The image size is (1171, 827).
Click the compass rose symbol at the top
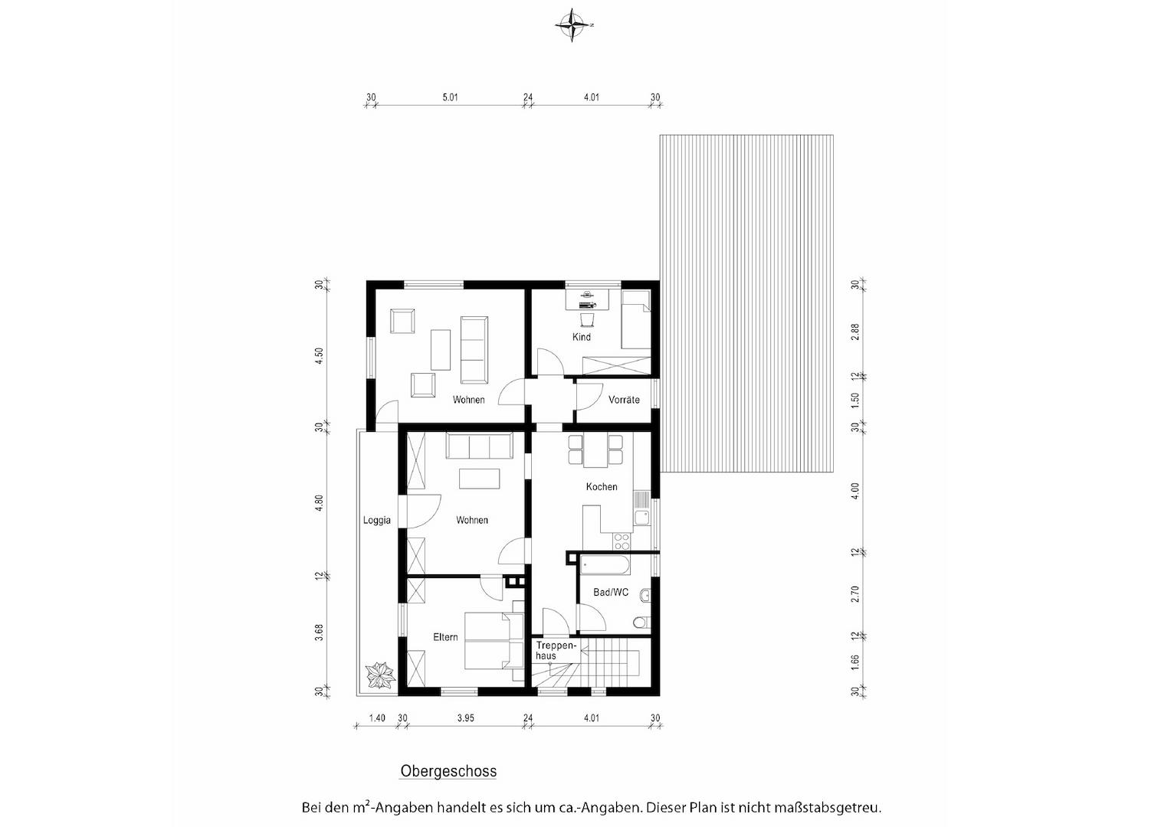(x=573, y=25)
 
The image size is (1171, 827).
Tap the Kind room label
(x=582, y=337)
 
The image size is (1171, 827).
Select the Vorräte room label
(x=624, y=400)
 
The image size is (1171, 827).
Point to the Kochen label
(x=601, y=486)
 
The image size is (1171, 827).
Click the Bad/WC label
(x=611, y=592)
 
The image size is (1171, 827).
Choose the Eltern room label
(x=445, y=637)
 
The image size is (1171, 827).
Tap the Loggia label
(x=377, y=520)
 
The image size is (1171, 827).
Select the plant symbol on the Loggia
(x=381, y=675)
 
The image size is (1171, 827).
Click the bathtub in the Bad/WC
(x=605, y=565)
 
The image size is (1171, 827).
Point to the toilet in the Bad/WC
(x=641, y=623)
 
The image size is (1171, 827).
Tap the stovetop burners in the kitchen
(x=622, y=541)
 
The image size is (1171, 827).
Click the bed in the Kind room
(x=635, y=319)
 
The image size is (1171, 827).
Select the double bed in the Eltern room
(x=494, y=641)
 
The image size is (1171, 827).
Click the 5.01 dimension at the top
(x=450, y=97)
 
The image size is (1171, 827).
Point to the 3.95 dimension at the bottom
(x=465, y=717)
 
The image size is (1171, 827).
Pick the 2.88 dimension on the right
(x=854, y=332)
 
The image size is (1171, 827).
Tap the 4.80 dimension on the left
(x=320, y=502)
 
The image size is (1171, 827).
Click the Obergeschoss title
(x=448, y=771)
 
